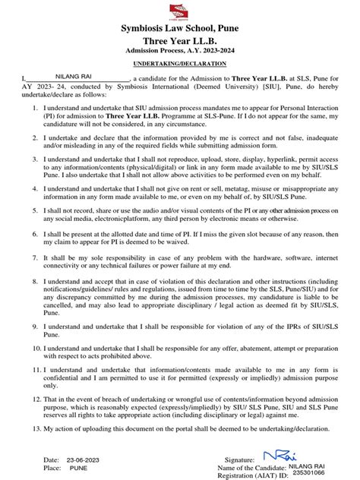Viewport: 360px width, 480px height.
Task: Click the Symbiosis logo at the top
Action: (x=180, y=11)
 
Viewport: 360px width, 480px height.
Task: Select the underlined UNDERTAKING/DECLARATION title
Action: (x=179, y=66)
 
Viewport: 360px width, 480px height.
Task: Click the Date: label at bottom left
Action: (x=52, y=460)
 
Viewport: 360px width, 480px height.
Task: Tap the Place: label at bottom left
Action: (x=52, y=470)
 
